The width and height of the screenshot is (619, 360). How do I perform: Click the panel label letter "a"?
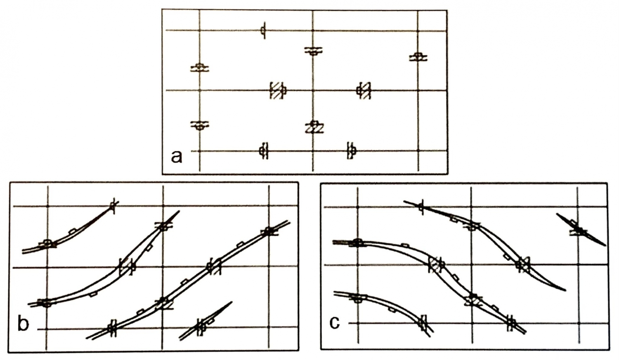point(177,157)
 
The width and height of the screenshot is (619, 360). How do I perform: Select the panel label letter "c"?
point(335,323)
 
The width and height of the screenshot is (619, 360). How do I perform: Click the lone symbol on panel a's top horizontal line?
point(264,30)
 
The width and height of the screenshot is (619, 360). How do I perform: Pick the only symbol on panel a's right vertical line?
point(418,57)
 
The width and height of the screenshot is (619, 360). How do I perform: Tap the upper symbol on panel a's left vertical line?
point(199,67)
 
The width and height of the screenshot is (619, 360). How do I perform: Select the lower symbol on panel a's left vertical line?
point(199,125)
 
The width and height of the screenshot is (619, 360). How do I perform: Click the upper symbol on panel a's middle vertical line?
point(313,51)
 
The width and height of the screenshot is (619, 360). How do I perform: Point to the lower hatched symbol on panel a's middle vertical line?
point(314,127)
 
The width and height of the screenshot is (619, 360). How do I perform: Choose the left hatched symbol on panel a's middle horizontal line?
point(278,90)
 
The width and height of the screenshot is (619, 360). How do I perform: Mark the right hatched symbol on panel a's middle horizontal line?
point(364,90)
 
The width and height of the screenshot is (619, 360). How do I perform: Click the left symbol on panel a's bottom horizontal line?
point(264,151)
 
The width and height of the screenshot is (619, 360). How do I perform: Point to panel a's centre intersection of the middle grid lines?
point(313,90)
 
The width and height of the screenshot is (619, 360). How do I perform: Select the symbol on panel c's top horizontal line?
point(421,207)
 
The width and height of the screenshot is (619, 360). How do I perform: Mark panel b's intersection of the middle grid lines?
point(163,267)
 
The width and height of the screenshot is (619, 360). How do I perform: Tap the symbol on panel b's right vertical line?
point(269,231)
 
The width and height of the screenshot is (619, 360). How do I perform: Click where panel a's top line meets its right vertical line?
point(418,30)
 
